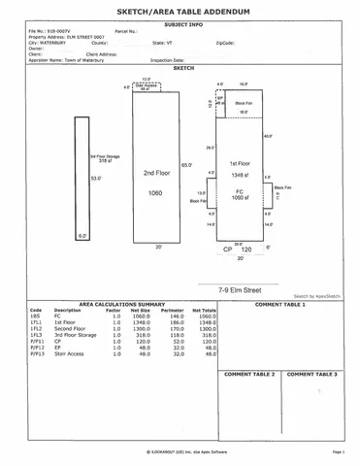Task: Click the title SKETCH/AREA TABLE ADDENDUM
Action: tap(180, 8)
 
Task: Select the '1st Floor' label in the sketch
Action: tap(241, 163)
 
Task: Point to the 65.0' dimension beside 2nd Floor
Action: tap(187, 166)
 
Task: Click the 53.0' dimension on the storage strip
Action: tap(95, 178)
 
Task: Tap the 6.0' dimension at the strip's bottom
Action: tap(82, 235)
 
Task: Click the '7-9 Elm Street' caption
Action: tap(242, 288)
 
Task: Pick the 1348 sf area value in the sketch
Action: tap(241, 176)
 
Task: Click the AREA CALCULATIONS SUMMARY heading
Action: tap(121, 304)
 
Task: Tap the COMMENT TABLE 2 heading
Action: tap(249, 374)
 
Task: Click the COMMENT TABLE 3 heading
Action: tap(312, 374)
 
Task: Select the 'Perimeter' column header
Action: tap(177, 310)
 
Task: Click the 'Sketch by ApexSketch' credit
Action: tap(318, 296)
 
